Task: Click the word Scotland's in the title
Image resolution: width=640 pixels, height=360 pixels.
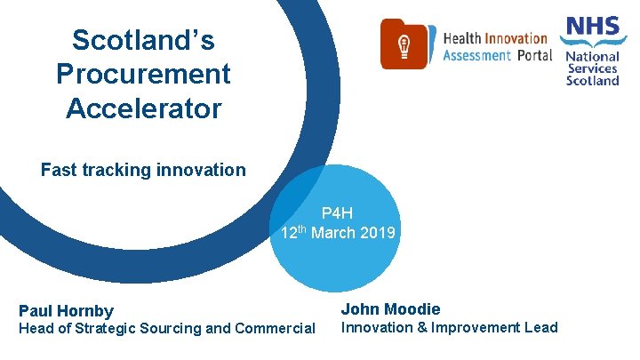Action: [143, 41]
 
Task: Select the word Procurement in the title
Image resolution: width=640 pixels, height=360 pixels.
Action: [143, 74]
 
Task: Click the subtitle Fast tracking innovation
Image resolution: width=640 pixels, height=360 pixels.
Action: [143, 169]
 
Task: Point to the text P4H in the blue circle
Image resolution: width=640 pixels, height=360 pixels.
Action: [338, 213]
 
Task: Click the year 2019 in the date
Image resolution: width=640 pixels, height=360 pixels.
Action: [379, 233]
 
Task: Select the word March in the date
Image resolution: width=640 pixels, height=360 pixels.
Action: [334, 233]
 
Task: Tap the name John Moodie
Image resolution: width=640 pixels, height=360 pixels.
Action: [390, 308]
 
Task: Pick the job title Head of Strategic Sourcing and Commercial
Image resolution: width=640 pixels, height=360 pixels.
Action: [167, 328]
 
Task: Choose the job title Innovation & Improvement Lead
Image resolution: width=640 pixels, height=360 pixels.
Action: [450, 327]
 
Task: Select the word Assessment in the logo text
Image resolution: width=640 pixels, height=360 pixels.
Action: [476, 55]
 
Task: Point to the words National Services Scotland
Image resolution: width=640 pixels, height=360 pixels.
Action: [593, 68]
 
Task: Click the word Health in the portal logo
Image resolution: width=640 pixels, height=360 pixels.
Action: [461, 38]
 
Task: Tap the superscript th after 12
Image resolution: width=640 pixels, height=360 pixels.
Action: [301, 229]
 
